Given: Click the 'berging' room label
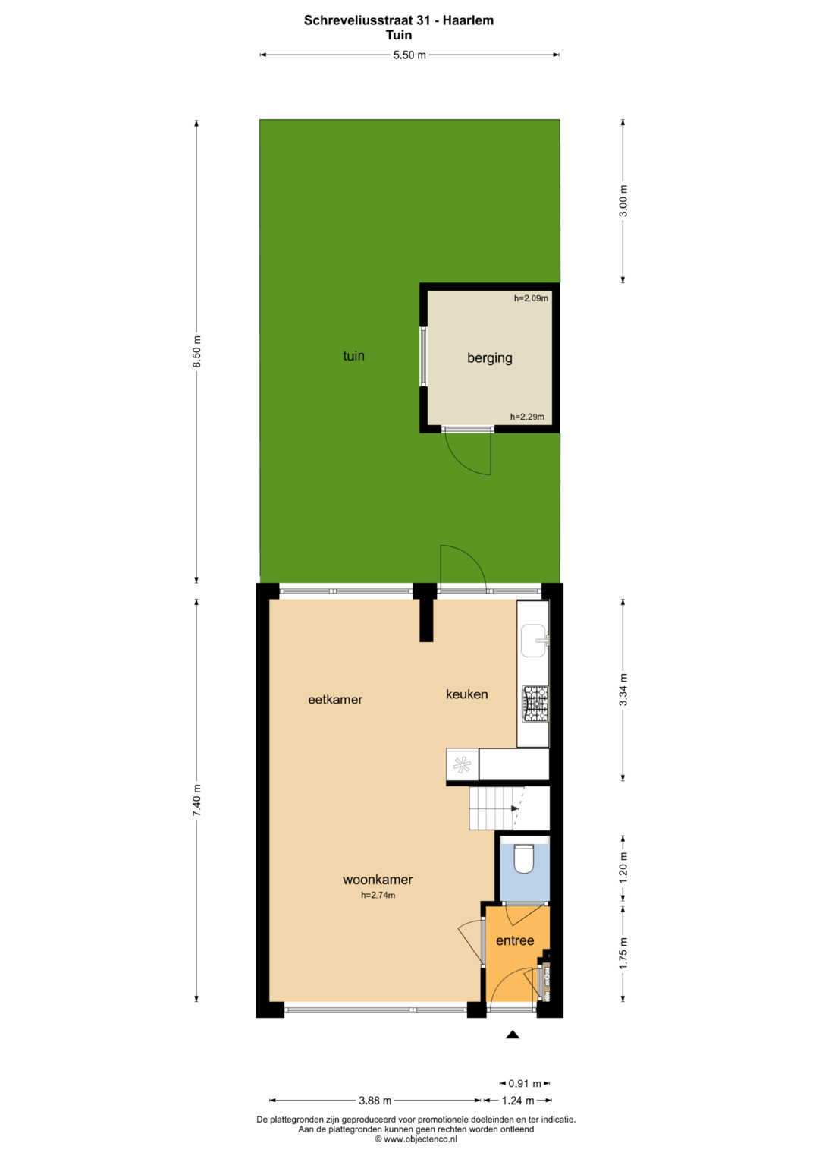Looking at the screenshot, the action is [x=489, y=358].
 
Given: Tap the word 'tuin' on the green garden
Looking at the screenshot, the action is [x=353, y=355].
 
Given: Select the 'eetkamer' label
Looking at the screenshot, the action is [x=335, y=700].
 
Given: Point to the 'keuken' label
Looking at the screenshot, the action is [x=467, y=694].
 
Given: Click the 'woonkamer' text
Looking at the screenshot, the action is [x=378, y=879].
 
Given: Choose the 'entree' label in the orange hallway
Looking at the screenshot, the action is [x=515, y=940].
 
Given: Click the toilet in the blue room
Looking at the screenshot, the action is [x=524, y=859].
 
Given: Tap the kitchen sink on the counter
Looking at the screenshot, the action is [x=534, y=641].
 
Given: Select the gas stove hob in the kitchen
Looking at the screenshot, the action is [x=535, y=704].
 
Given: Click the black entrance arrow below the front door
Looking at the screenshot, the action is [x=513, y=1035].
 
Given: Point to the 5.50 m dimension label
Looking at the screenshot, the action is [x=409, y=55].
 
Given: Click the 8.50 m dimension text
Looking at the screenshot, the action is [x=196, y=352].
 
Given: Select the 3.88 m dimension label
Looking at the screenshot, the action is [x=375, y=1100].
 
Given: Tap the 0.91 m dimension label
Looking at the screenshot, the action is [x=525, y=1083].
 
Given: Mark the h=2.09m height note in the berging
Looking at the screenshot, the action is [x=531, y=298].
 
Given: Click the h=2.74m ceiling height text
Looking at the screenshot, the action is [x=378, y=895].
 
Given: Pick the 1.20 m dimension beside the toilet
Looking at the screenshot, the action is [x=623, y=867].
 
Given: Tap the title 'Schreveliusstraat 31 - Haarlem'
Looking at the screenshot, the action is [x=399, y=20].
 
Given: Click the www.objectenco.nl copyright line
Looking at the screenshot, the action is [x=416, y=1139].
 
